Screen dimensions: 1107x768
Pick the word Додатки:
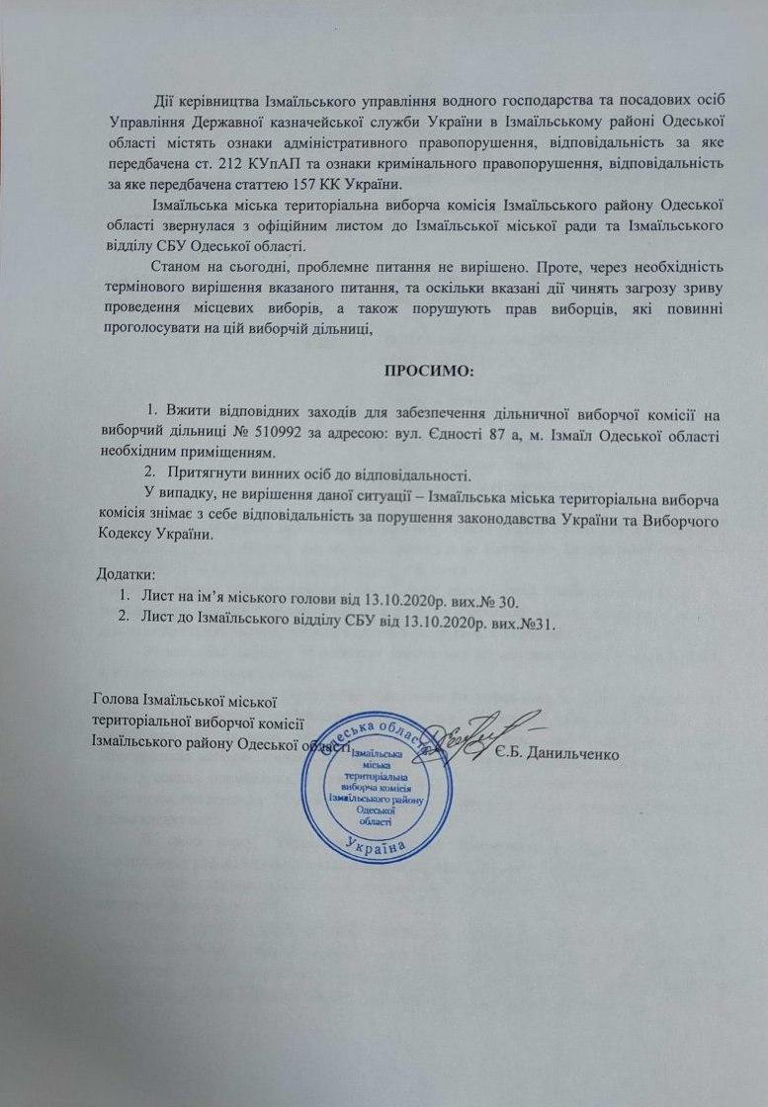pos(125,575)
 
